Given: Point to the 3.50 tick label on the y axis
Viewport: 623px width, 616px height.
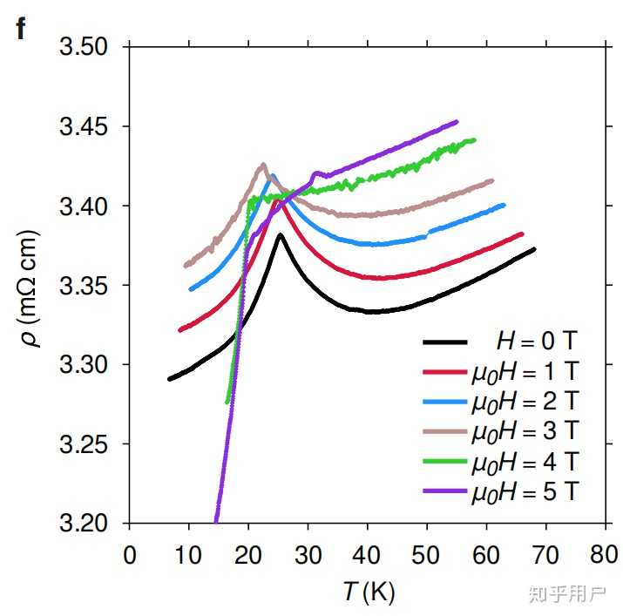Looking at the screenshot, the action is click(x=84, y=46).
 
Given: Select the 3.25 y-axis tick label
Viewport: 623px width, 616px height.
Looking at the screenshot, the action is click(x=84, y=443).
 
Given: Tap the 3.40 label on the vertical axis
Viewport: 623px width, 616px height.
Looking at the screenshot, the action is click(x=84, y=206).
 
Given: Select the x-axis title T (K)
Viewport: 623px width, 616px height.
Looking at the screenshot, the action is click(x=369, y=592).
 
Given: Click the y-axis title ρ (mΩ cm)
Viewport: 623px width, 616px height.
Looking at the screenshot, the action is click(x=29, y=288).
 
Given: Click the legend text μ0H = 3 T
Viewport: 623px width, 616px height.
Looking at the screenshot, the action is click(x=525, y=431).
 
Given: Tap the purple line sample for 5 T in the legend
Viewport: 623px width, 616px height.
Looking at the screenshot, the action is click(x=444, y=491).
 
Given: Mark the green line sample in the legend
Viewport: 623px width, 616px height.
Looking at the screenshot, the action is click(x=444, y=461).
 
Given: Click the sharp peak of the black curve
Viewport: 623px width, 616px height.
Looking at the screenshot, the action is click(x=280, y=235).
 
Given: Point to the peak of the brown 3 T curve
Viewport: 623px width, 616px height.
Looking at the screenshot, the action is click(x=263, y=164).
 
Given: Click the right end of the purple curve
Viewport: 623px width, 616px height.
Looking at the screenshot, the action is click(x=457, y=122).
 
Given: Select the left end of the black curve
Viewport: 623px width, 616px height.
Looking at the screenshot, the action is click(x=170, y=379).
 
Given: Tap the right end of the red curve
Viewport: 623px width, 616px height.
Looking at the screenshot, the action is click(x=522, y=234).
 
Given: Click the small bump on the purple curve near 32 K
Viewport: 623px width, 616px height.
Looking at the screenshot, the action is click(x=317, y=173).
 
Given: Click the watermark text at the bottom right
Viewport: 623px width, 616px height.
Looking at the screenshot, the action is click(x=567, y=593).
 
